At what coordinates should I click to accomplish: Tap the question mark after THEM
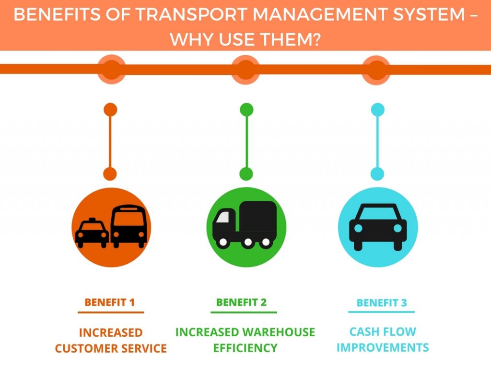coord(316,39)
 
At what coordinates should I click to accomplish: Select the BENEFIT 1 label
coord(110,303)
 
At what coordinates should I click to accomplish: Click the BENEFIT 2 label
coord(242,303)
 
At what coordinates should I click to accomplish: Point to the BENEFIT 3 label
coord(382,303)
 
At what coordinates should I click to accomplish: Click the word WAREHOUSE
coord(279,332)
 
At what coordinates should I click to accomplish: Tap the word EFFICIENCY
coord(245,348)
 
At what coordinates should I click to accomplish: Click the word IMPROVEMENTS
coord(383,348)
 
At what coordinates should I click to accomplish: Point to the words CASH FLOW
coord(383,331)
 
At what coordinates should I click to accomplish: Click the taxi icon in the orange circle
coord(92,233)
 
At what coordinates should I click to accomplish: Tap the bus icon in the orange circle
coord(129,226)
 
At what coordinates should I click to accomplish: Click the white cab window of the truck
coord(222,217)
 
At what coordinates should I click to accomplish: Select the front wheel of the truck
coord(223,242)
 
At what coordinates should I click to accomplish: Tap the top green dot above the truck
coord(246,110)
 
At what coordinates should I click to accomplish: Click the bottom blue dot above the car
coord(377,174)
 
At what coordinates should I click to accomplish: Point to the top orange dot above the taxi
coord(110,110)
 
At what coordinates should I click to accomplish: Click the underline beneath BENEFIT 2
coord(244,313)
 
